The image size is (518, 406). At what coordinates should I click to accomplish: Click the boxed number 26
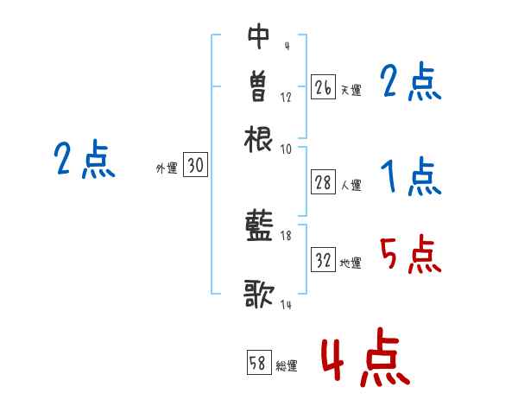[x=323, y=87]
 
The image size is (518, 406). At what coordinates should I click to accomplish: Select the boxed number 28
[x=323, y=182]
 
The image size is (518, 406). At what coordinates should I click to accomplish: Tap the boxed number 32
[x=323, y=261]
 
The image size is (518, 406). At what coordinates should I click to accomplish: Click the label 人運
[x=351, y=185]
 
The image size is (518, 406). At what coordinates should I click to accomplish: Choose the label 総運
[x=287, y=365]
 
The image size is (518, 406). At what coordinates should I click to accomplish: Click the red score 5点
[x=410, y=255]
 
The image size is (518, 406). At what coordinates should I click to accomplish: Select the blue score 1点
[x=410, y=178]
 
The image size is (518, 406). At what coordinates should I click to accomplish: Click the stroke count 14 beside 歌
[x=286, y=305]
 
